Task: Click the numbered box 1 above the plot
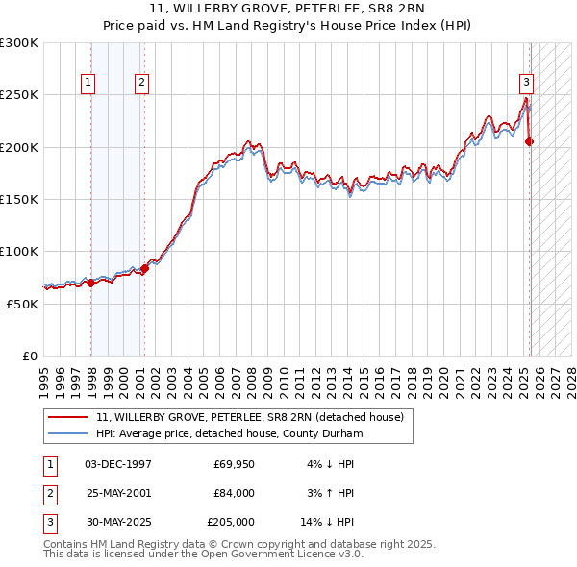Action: (88, 83)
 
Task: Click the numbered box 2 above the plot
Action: (141, 83)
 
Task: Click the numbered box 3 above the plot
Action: (527, 83)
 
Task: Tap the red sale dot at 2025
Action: (530, 142)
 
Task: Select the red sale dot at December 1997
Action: (90, 283)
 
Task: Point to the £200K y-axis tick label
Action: (19, 147)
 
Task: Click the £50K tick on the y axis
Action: (22, 304)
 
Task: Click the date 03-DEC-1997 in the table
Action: (118, 463)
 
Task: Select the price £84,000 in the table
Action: (233, 493)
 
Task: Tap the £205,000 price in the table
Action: (231, 523)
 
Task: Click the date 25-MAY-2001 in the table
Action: (118, 493)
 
